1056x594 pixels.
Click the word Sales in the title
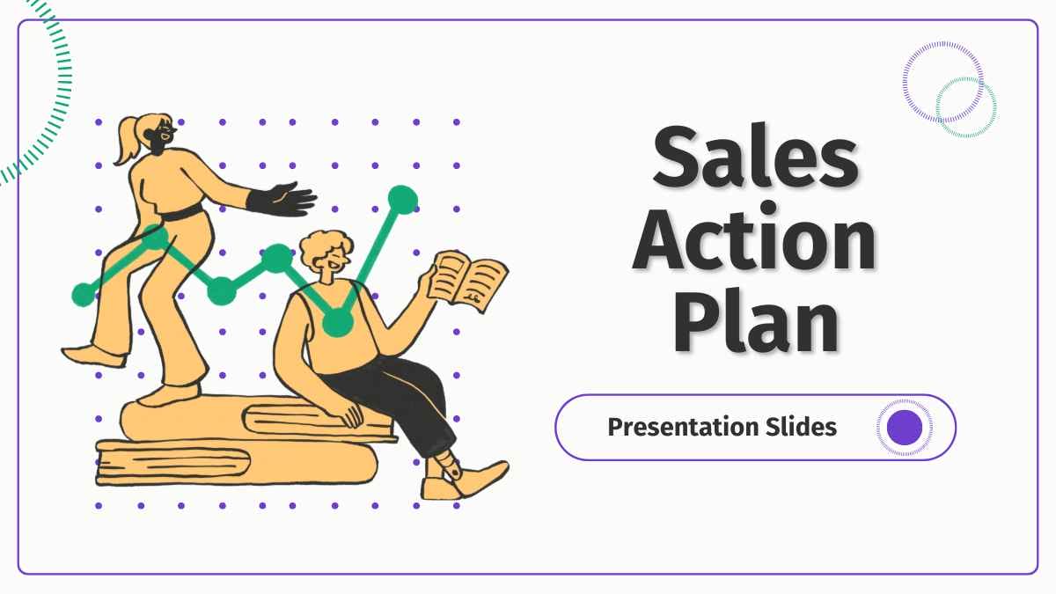755,159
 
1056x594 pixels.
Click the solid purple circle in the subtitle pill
905,427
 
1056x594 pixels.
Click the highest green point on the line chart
402,200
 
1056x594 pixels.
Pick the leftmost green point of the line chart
84,294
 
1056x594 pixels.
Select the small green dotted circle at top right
965,106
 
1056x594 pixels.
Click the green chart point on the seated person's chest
337,323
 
